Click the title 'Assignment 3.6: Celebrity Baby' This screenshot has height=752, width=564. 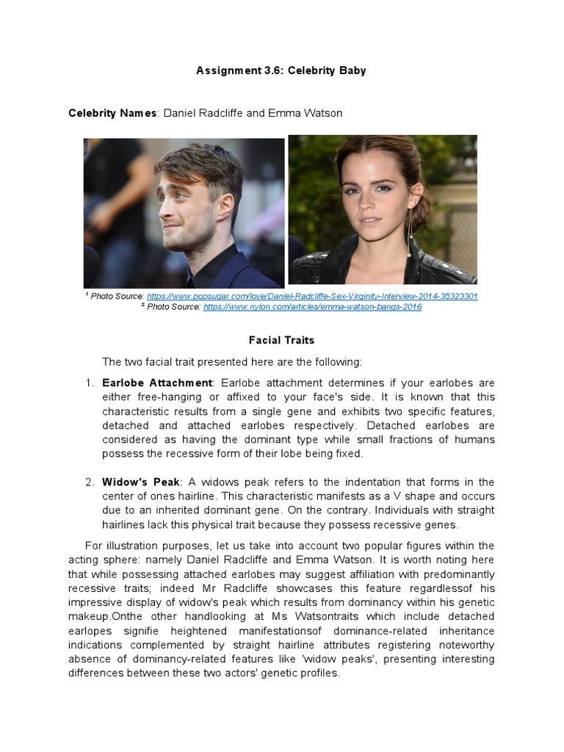pos(281,70)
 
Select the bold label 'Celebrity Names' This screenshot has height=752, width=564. pos(112,113)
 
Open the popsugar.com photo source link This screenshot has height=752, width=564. pos(312,296)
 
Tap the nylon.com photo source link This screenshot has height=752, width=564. pos(312,307)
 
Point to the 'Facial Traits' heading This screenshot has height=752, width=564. pos(282,341)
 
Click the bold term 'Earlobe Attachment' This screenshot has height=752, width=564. pos(157,383)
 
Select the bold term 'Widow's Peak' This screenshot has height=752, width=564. pos(141,482)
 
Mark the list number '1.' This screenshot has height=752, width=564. pos(90,383)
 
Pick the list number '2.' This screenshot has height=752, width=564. pos(90,482)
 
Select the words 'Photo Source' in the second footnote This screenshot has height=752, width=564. pos(173,307)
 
